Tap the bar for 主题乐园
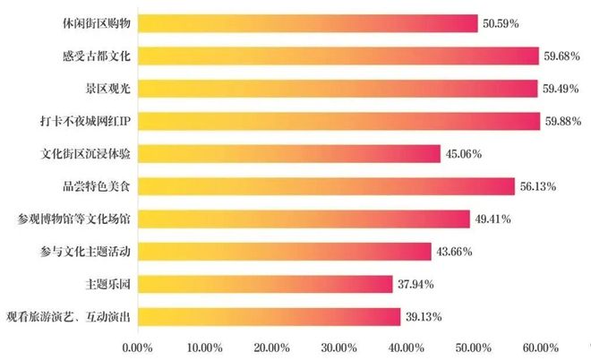click(265, 284)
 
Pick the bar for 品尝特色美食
click(326, 186)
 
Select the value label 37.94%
click(417, 285)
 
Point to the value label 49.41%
click(494, 219)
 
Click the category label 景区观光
click(104, 89)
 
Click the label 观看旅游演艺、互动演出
click(68, 316)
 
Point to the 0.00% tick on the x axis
click(138, 346)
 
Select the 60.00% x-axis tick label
click(540, 346)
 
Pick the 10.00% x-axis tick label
click(205, 346)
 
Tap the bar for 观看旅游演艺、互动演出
click(269, 316)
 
